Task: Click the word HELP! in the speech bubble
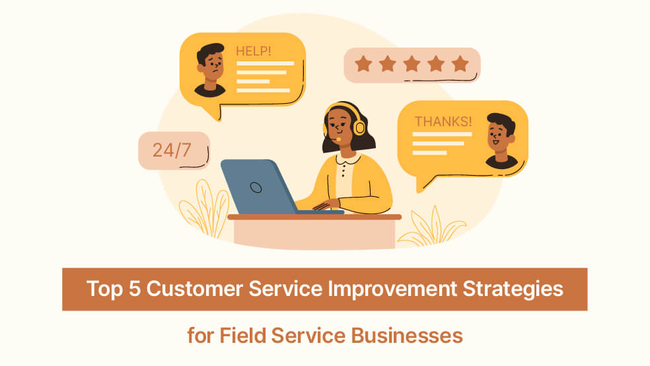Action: pos(254,50)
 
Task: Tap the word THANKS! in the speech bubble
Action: pos(443,121)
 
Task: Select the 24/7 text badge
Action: pos(172,150)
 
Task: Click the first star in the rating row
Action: pos(363,64)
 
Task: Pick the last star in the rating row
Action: pos(460,64)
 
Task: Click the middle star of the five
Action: pos(412,64)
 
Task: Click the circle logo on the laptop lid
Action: pos(256,187)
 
